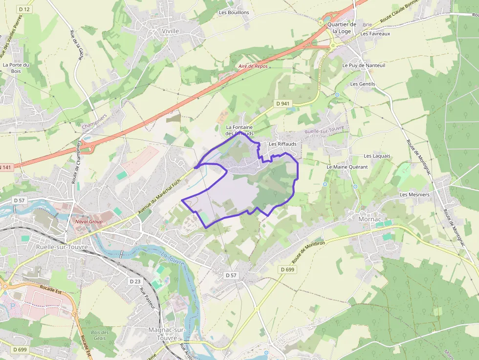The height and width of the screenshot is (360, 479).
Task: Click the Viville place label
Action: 170,31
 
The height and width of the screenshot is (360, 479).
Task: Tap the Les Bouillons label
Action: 234,12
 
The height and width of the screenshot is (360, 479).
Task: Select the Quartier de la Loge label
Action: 342,28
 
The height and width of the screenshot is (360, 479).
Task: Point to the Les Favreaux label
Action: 375,34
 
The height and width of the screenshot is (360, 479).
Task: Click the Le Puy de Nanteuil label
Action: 364,65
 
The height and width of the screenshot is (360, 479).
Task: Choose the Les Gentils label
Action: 362,84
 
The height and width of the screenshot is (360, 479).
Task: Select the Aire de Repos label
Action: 253,66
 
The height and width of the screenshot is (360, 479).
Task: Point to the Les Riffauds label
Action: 283,144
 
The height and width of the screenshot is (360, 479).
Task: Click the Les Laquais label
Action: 377,156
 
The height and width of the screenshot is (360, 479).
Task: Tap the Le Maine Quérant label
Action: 347,167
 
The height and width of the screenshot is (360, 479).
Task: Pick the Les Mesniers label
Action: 414,194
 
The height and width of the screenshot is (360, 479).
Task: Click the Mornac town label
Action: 370,219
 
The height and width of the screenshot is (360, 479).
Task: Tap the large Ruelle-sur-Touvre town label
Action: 62,247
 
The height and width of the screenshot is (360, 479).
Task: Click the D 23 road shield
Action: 135,281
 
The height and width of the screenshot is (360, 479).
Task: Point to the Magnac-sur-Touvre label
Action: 167,334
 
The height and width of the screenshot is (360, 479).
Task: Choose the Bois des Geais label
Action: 100,335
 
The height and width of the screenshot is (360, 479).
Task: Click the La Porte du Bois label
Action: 16,68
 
